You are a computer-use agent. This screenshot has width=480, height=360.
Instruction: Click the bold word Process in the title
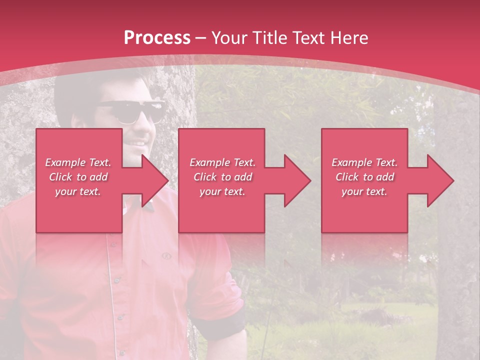[x=157, y=38]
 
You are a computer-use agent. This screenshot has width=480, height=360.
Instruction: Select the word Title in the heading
[x=269, y=38]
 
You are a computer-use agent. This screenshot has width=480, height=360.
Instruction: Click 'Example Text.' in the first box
[x=78, y=162]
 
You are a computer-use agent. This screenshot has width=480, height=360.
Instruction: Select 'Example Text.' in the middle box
[x=222, y=162]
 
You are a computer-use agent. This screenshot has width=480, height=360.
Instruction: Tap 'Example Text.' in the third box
[x=364, y=162]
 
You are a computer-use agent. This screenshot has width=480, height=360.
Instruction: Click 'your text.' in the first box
[x=78, y=191]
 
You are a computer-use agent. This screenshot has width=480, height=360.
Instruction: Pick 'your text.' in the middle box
[x=222, y=191]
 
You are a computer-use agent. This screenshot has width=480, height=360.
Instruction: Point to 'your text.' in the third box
[x=364, y=191]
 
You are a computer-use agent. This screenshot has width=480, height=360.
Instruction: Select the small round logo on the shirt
[x=166, y=256]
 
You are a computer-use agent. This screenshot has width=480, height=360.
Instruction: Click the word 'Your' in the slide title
[x=230, y=38]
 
